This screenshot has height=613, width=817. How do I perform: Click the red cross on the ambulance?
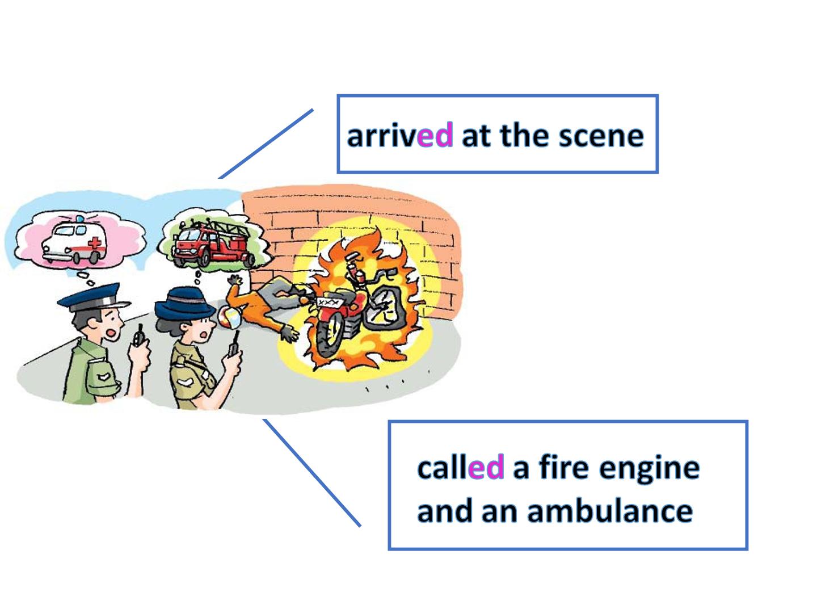tap(95, 243)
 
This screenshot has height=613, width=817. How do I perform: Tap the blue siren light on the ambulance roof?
tap(79, 219)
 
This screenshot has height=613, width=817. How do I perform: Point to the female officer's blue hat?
tap(184, 303)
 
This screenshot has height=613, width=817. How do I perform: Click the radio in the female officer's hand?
tap(234, 345)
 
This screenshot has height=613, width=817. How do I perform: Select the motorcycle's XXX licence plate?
tap(328, 302)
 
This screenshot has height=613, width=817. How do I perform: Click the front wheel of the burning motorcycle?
tap(330, 334)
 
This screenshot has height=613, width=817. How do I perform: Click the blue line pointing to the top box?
tap(266, 144)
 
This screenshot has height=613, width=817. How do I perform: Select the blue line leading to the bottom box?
tap(311, 473)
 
